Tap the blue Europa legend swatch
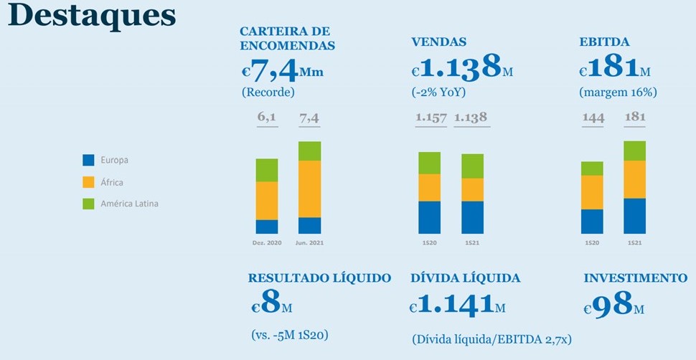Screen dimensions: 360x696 [x=89, y=160]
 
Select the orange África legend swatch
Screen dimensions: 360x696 [x=89, y=182]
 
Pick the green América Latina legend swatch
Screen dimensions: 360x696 [x=89, y=204]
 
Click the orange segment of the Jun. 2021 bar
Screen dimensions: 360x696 [x=309, y=189]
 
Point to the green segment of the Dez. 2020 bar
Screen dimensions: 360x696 [x=266, y=170]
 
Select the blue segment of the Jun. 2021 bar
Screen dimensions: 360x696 [x=309, y=225]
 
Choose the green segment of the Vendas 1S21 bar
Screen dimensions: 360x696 [x=472, y=166]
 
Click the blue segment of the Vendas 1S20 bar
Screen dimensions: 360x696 [x=429, y=217]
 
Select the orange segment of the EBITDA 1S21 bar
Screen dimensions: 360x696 [x=634, y=179]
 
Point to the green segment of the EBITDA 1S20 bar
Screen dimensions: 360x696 [x=592, y=169]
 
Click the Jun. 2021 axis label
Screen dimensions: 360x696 [x=309, y=244]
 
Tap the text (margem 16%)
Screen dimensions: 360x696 [x=618, y=92]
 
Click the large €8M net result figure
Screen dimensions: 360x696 [x=272, y=305]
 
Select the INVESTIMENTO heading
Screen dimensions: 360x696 [x=635, y=278]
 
